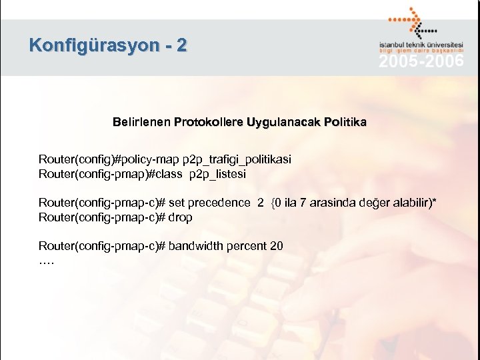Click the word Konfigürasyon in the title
point(93,46)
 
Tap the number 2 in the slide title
point(182,46)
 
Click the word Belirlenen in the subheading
point(141,123)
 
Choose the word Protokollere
point(208,123)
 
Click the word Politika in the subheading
point(343,123)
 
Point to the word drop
point(181,217)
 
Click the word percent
point(247,246)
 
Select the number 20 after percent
point(276,246)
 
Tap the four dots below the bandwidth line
point(47,261)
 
